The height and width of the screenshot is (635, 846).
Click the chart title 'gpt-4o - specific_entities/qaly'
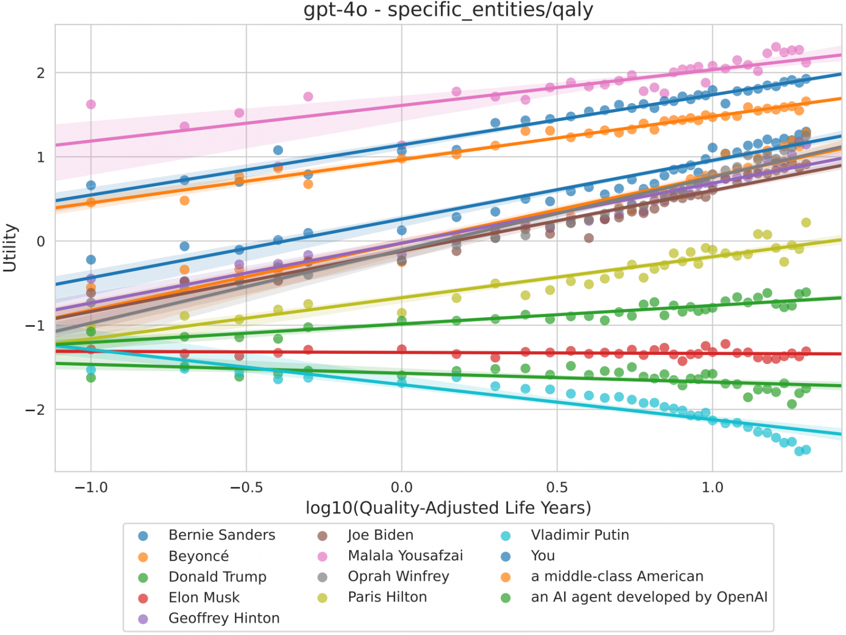pos(448,10)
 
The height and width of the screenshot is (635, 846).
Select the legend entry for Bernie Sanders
pos(221,535)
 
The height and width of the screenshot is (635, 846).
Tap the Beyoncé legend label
pos(198,556)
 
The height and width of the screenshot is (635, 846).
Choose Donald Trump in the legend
pos(217,577)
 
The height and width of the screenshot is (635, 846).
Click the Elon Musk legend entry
pos(204,598)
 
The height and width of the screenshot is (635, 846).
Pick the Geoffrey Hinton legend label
pos(223,618)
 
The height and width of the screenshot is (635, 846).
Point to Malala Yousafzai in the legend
pos(405,556)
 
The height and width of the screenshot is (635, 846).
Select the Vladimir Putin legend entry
pos(580,535)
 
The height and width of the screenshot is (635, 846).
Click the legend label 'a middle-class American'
pos(617,576)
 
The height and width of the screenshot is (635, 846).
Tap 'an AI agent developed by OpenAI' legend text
pos(649,597)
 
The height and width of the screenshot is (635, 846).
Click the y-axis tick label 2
pos(41,73)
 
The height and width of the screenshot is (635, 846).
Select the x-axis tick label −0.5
pos(246,488)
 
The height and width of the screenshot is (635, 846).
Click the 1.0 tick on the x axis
pos(712,488)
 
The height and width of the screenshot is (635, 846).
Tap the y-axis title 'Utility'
pos(10,248)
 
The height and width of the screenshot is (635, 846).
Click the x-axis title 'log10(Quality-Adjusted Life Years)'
pos(448,508)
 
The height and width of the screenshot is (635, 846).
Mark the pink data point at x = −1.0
pos(91,105)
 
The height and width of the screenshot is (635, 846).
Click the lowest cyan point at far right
pos(799,451)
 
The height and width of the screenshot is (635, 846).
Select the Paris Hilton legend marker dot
pos(322,598)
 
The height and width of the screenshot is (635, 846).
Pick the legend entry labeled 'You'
pos(542,556)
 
